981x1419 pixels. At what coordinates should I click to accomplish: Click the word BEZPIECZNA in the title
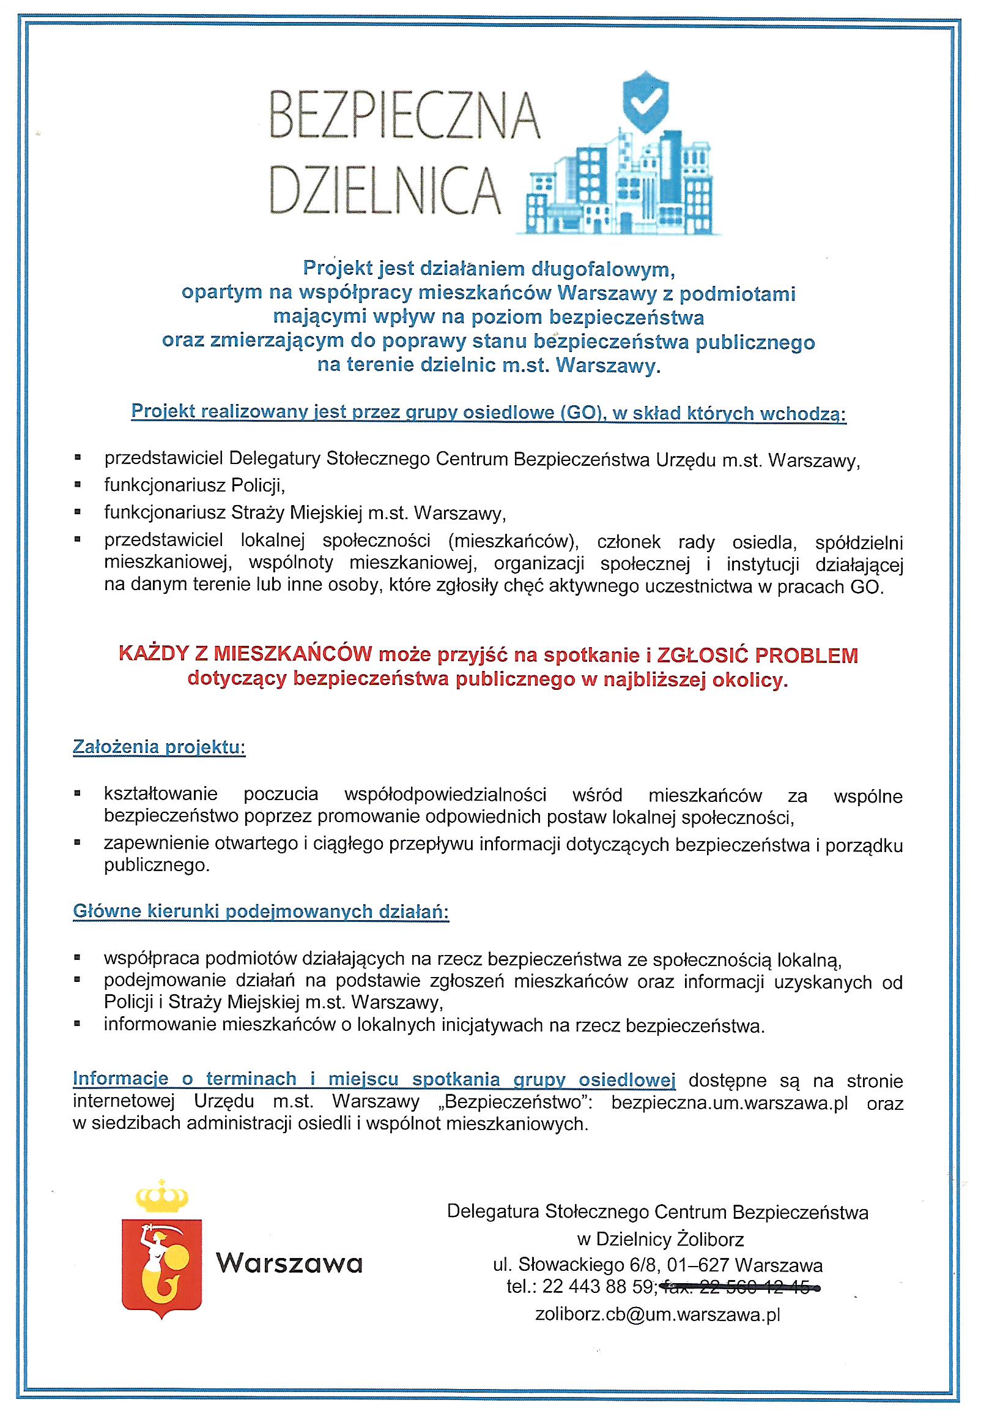(x=404, y=116)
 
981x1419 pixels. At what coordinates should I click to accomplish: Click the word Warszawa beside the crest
(x=289, y=1265)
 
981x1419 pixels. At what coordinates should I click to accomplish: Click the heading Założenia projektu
(x=158, y=747)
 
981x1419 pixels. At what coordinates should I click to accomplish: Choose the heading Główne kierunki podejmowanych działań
(x=261, y=912)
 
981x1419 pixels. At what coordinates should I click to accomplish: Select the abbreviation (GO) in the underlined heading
(x=580, y=413)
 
